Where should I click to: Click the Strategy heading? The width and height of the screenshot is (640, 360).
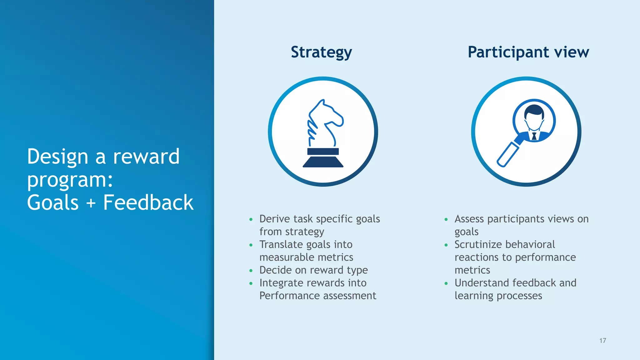[321, 52]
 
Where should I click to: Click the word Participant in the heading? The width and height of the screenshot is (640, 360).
[508, 52]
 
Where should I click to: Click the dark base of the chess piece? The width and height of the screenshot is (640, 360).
[323, 162]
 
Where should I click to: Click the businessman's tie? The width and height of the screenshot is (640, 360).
[534, 136]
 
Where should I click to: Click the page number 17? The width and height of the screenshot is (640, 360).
[602, 341]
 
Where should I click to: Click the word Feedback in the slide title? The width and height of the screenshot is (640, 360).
[148, 202]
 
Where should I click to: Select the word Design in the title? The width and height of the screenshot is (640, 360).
[57, 157]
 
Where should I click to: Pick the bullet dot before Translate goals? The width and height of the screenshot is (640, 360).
[251, 245]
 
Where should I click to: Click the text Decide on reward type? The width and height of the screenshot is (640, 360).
[313, 270]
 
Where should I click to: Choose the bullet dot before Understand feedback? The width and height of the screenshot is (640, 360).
[446, 283]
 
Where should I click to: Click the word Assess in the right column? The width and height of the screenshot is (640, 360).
[469, 219]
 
